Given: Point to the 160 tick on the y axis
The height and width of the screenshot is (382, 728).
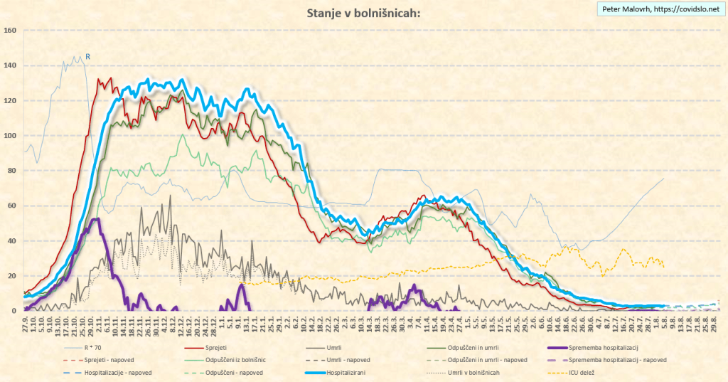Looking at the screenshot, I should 10,31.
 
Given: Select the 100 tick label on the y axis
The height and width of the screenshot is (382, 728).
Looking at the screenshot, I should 10,136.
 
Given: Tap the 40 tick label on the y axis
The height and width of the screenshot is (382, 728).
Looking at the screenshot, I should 11,241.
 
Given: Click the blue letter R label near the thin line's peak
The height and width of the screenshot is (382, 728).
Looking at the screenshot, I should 88,56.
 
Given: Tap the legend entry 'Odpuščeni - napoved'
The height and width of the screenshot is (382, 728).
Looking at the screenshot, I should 240,372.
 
